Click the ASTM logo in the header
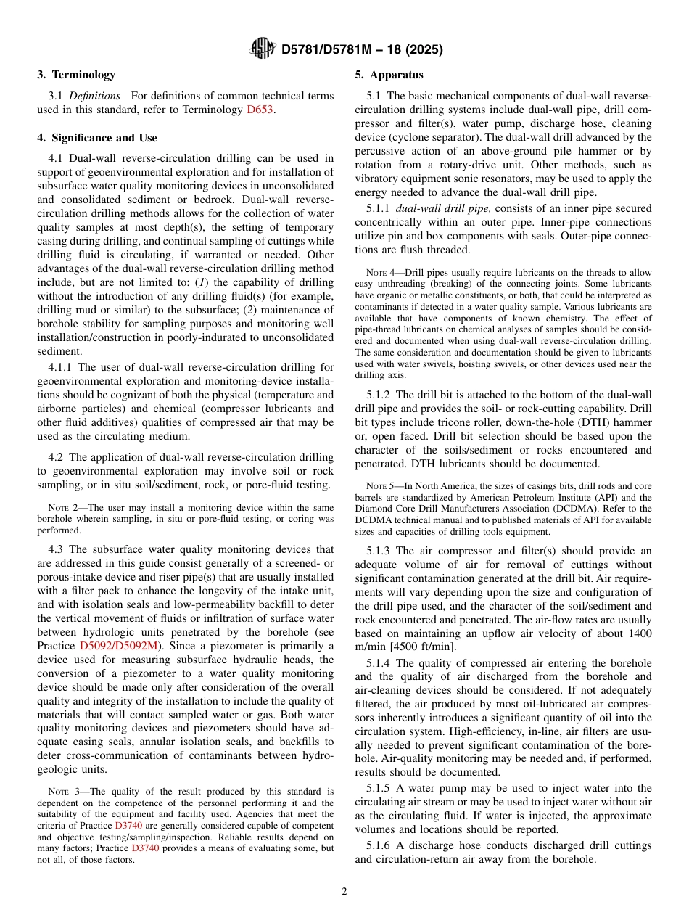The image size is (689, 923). pos(262,49)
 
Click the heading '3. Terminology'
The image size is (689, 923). pos(75,75)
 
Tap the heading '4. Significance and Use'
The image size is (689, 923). pos(96,138)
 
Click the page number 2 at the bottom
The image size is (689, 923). pos(344,892)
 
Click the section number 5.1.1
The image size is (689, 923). pos(379,209)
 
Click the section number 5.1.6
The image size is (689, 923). pos(379,845)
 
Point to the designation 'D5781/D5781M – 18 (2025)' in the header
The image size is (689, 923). pos(361,49)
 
